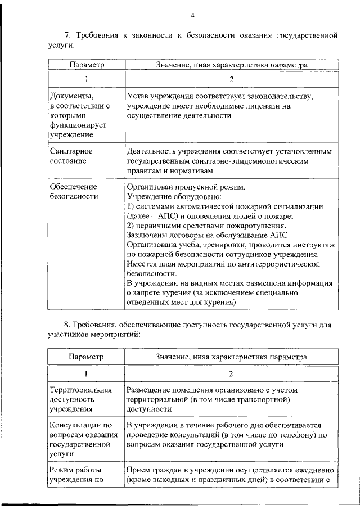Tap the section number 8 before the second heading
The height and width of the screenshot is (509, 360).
67,325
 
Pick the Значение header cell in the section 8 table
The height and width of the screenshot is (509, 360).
231,357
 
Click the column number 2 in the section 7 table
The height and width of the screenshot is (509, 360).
231,79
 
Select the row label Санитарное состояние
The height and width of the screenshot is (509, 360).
71,156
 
